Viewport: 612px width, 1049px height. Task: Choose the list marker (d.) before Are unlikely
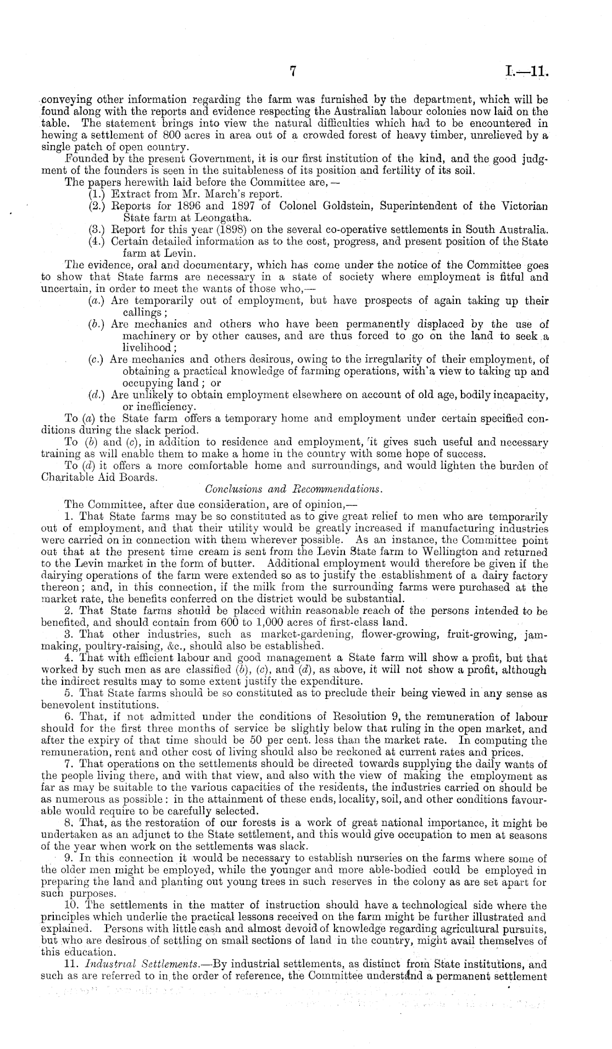point(97,395)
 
